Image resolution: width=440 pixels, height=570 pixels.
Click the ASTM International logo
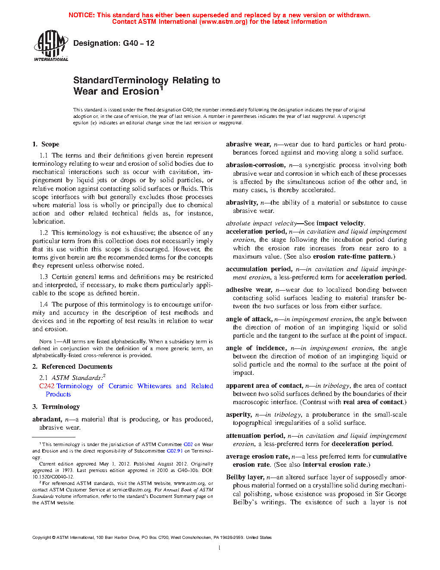coord(50,45)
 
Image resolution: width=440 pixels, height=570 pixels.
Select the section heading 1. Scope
coord(46,144)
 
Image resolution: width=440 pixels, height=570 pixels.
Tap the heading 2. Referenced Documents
coord(72,367)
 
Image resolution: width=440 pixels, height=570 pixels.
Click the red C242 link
coord(47,386)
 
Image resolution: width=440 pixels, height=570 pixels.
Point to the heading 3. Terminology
coord(56,407)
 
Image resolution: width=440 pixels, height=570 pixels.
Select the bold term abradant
coord(47,419)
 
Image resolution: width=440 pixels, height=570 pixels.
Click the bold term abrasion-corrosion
coord(255,165)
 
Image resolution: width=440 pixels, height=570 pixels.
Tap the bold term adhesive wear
coord(248,290)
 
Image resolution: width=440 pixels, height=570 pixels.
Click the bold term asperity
coord(238,415)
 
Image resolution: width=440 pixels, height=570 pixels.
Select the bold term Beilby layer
coord(245,477)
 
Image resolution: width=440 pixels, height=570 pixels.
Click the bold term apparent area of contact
coord(264,386)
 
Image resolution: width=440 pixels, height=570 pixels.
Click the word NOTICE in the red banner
coord(81,15)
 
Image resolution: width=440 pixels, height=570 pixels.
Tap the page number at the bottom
coord(220,548)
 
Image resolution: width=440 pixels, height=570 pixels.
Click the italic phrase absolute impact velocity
coord(261,223)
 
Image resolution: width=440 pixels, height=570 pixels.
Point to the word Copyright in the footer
coord(42,538)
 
